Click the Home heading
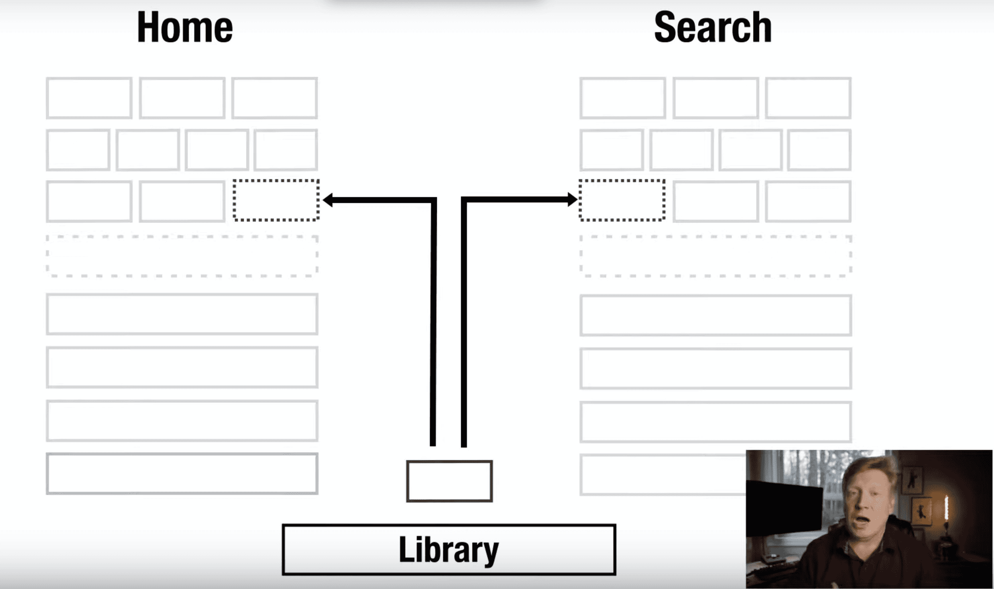(185, 27)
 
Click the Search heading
(713, 27)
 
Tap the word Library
(448, 550)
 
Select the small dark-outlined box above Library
(449, 481)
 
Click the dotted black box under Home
(276, 200)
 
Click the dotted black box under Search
(622, 200)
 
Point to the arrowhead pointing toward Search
(572, 199)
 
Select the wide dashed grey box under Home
(182, 256)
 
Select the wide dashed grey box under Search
(715, 256)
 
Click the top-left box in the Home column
(89, 98)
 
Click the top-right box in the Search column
(808, 98)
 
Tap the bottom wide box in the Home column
(182, 473)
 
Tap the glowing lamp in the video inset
(947, 508)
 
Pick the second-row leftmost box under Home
(78, 150)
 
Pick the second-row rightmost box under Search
(819, 150)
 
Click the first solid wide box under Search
(715, 315)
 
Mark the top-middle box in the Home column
(182, 98)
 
